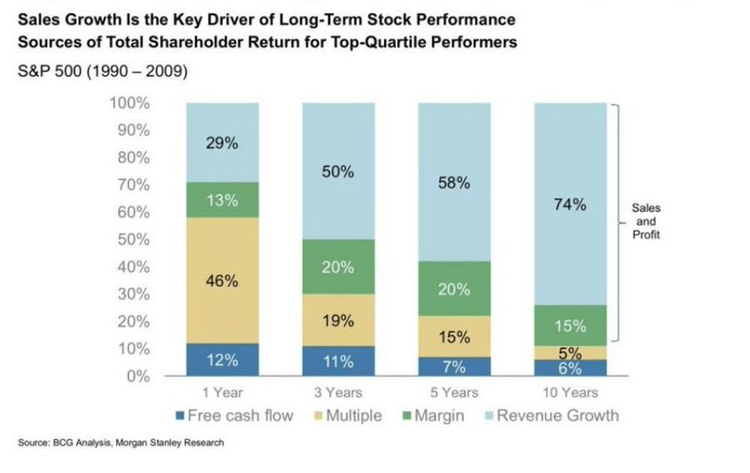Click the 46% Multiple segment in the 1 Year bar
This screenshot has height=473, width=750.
[x=222, y=281]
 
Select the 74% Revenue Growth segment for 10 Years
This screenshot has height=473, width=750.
[x=571, y=204]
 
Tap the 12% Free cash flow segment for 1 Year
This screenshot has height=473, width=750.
[x=222, y=360]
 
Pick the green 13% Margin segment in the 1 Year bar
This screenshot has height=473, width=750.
[x=222, y=200]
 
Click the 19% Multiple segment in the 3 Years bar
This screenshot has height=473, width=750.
[x=338, y=320]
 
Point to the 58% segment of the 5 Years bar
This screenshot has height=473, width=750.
[x=454, y=184]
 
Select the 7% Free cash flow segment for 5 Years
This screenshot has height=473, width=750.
[x=454, y=366]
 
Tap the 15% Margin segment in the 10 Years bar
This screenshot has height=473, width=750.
[x=571, y=325]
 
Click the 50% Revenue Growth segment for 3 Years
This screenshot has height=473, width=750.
[x=338, y=172]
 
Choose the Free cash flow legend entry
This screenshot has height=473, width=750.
[x=234, y=415]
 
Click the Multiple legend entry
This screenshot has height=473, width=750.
[x=345, y=415]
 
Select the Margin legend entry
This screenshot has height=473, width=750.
[x=433, y=415]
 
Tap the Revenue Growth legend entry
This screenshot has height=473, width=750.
[x=550, y=415]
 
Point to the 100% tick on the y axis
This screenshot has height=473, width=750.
[x=129, y=103]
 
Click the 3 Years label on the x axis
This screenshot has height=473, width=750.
[x=338, y=392]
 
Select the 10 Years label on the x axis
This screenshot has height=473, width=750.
[x=571, y=392]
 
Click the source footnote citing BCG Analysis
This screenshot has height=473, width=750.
[x=121, y=443]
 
